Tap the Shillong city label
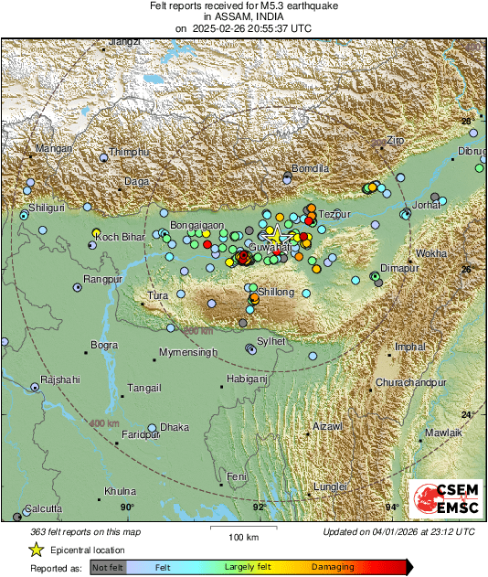tap(278, 292)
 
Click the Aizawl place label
tap(327, 427)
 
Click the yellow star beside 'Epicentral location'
tap(37, 550)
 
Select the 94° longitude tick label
tap(392, 507)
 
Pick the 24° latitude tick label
tap(468, 415)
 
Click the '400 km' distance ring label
tap(104, 423)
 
